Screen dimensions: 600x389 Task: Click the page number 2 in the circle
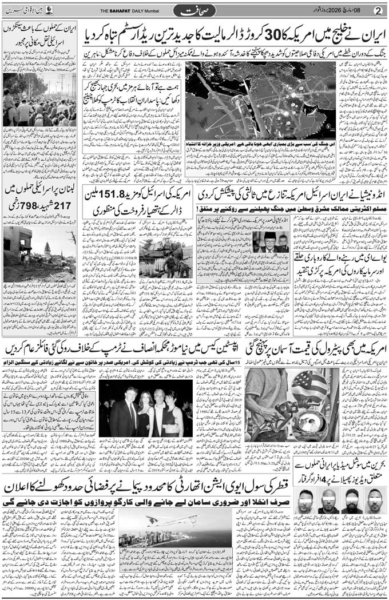[378, 11]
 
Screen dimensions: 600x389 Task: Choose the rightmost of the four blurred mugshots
[375, 500]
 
